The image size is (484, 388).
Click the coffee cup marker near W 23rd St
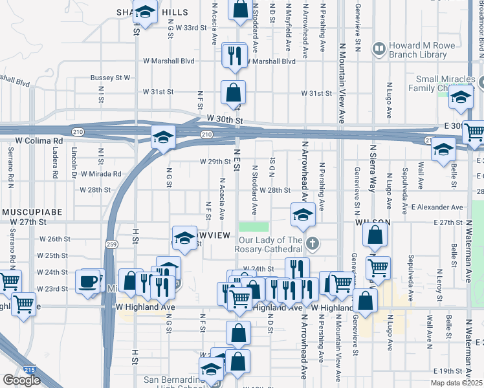[87, 282]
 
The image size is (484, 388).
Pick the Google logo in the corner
[21, 380]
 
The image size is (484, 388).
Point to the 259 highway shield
[112, 244]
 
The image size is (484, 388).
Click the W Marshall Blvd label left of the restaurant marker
[169, 61]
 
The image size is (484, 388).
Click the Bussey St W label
[111, 78]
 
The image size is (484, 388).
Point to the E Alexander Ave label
[437, 207]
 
